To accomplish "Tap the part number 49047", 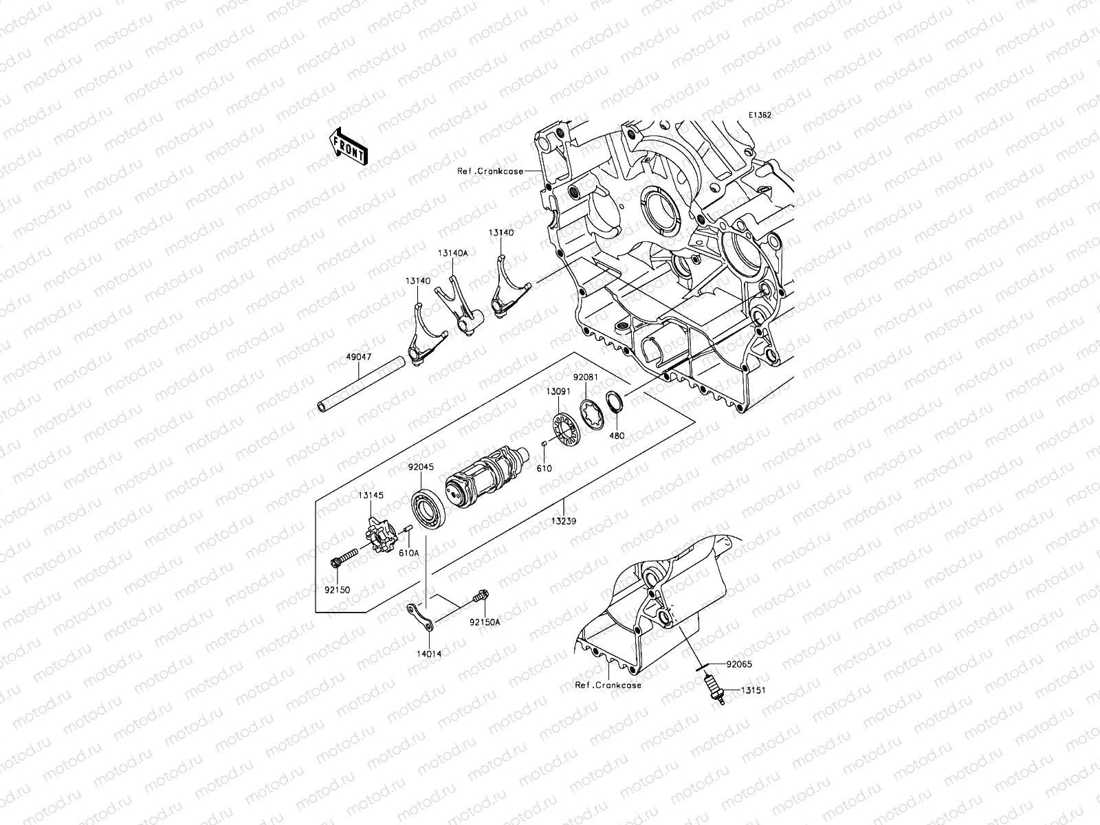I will pyautogui.click(x=360, y=358).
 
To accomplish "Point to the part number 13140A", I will pyautogui.click(x=452, y=253).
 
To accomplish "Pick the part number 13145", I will pyautogui.click(x=370, y=496).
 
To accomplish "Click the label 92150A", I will pyautogui.click(x=485, y=622).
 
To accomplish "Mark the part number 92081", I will pyautogui.click(x=586, y=377).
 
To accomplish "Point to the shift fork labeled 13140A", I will pyautogui.click(x=461, y=306).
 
